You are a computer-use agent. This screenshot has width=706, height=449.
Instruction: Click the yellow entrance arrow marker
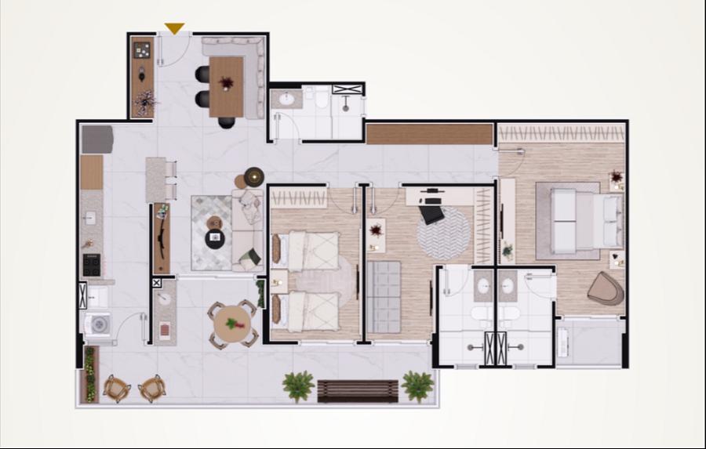174,29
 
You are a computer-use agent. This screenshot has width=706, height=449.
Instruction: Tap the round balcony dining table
232,324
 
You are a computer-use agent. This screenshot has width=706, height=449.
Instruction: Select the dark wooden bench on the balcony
358,390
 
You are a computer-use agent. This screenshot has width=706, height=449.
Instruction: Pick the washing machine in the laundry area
99,323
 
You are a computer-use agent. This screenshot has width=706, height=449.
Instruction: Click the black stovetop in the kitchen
92,264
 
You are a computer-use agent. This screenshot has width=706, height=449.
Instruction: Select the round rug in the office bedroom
443,233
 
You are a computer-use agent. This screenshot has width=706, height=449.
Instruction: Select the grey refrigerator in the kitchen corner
97,139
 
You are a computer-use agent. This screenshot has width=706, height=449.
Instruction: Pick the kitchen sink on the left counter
90,217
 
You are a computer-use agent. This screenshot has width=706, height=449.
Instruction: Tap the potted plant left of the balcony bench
298,385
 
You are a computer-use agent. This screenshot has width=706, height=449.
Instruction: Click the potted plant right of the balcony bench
417,385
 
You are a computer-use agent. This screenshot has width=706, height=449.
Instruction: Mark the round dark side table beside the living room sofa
253,176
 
